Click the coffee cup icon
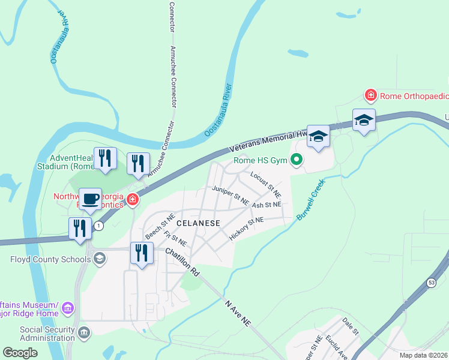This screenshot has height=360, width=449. click(90, 199)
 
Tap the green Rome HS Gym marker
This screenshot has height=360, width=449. click(295, 160)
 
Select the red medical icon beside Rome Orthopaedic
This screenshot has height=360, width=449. click(371, 95)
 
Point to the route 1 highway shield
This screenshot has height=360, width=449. click(99, 226)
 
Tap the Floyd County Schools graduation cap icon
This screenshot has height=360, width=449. click(100, 259)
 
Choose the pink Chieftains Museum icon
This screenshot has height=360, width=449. click(68, 308)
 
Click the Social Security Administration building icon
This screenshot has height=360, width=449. click(84, 332)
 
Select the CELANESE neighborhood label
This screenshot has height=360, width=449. click(181, 223)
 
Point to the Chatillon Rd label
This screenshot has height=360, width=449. click(182, 263)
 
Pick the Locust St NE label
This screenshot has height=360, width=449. click(266, 185)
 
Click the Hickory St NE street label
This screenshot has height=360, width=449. click(246, 229)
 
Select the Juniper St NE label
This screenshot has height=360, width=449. click(231, 196)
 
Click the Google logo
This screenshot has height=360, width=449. click(20, 352)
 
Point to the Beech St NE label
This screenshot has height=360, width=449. click(159, 226)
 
